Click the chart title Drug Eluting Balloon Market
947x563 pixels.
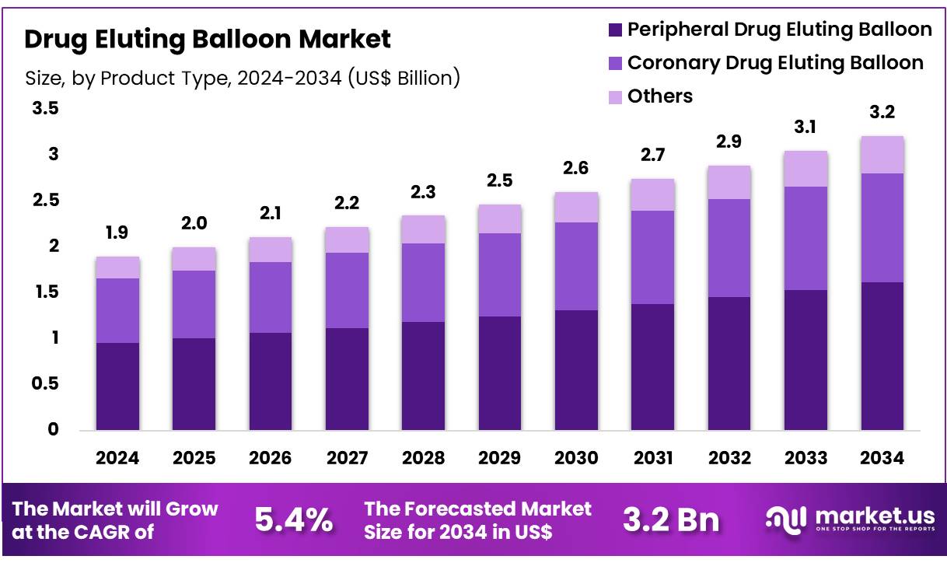[208, 39]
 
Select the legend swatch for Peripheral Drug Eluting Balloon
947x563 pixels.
[615, 30]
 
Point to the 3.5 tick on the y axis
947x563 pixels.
[45, 109]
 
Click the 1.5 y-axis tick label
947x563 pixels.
[45, 292]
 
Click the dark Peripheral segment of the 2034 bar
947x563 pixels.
[882, 356]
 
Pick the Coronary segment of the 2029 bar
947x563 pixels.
[499, 275]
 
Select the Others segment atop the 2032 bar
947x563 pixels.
[729, 182]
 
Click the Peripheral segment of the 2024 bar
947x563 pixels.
[117, 386]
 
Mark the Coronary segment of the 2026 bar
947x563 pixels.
[271, 297]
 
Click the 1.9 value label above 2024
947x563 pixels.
[117, 233]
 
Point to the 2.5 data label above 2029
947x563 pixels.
[499, 181]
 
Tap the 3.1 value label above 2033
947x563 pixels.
[805, 127]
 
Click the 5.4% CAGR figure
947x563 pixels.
[294, 520]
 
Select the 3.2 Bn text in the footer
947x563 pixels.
[671, 520]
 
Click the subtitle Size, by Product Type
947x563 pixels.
[242, 79]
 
